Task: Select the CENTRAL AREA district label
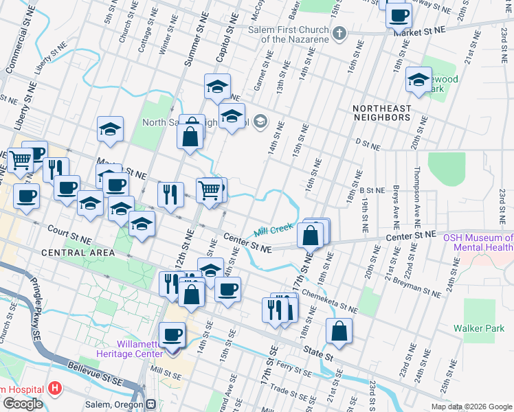click(x=78, y=253)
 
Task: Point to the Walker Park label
click(x=487, y=337)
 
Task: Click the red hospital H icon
click(x=56, y=388)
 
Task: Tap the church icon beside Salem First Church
click(x=338, y=33)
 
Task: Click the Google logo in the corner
click(x=23, y=404)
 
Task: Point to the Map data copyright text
click(x=471, y=407)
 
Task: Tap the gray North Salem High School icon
click(x=260, y=123)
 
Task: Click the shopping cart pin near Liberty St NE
click(x=20, y=160)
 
